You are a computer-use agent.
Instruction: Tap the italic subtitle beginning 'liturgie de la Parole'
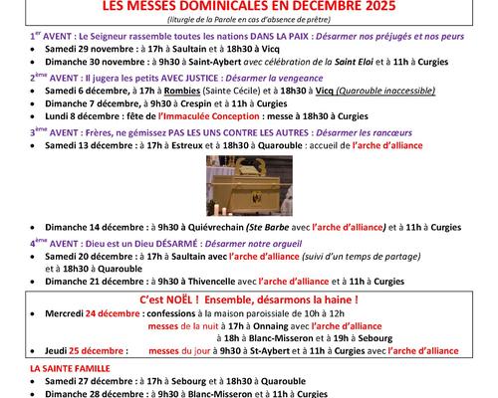click(249, 21)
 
